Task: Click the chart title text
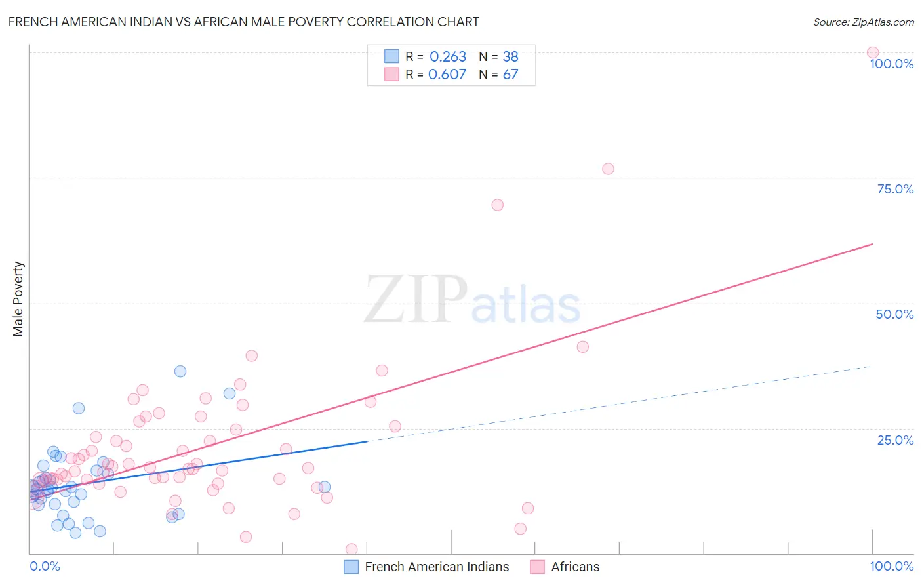pyautogui.click(x=243, y=22)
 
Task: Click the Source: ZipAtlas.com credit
pyautogui.click(x=863, y=22)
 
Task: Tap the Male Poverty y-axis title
pyautogui.click(x=18, y=299)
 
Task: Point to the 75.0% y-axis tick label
pyautogui.click(x=895, y=189)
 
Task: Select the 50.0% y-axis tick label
pyautogui.click(x=894, y=314)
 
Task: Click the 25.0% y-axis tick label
pyautogui.click(x=895, y=440)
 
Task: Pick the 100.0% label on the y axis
pyautogui.click(x=891, y=64)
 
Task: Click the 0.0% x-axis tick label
pyautogui.click(x=45, y=566)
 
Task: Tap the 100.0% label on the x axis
pyautogui.click(x=891, y=566)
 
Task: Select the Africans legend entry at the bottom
pyautogui.click(x=575, y=567)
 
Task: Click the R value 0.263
pyautogui.click(x=448, y=57)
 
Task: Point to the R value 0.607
pyautogui.click(x=447, y=75)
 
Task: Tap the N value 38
pyautogui.click(x=510, y=57)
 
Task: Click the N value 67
pyautogui.click(x=510, y=75)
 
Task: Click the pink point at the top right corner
pyautogui.click(x=873, y=52)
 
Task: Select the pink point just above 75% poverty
pyautogui.click(x=608, y=169)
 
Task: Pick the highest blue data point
pyautogui.click(x=180, y=371)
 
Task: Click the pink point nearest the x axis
pyautogui.click(x=351, y=549)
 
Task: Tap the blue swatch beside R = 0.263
pyautogui.click(x=391, y=56)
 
